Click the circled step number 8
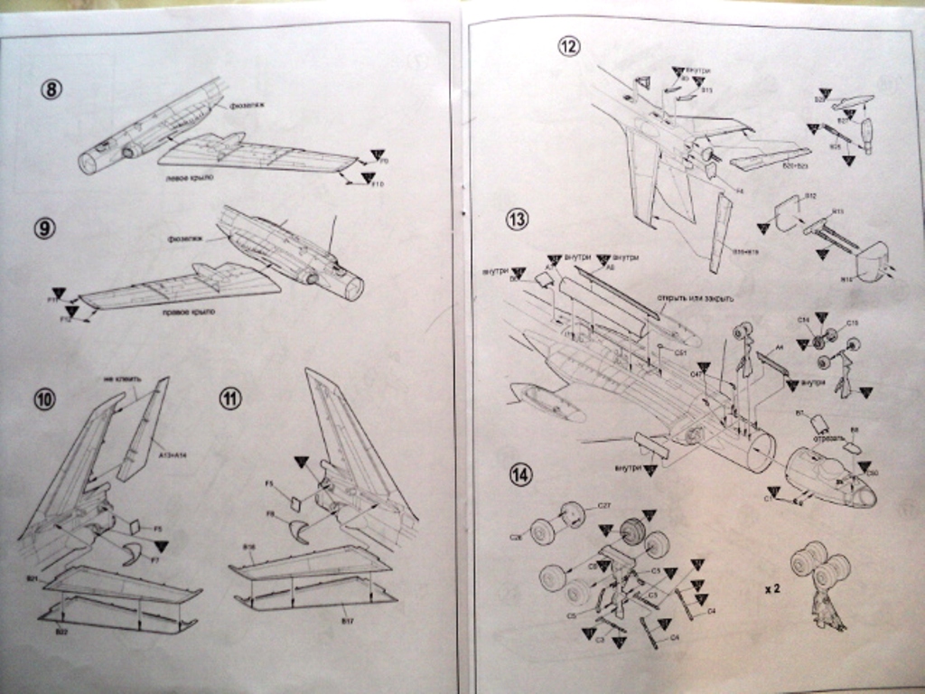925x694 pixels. [52, 90]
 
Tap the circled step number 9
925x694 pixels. [44, 228]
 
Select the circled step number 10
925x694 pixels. [44, 399]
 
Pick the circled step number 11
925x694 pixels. [230, 399]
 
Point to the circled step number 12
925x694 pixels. [568, 46]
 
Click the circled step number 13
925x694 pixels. [518, 220]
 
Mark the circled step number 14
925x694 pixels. [520, 474]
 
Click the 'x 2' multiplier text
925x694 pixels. [772, 588]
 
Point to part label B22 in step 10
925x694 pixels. [61, 632]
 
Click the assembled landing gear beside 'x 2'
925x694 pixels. [822, 583]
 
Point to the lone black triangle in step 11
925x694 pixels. [302, 462]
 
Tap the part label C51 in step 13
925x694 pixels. [680, 352]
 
